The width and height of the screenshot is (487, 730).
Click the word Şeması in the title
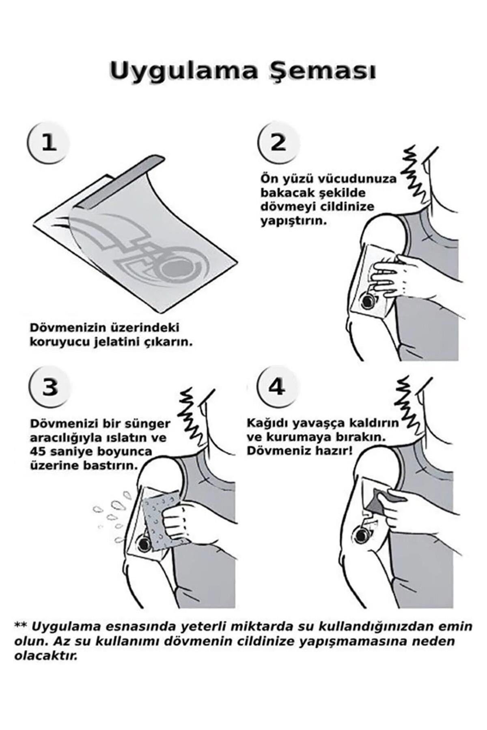click(x=321, y=71)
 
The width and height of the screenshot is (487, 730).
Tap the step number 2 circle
click(x=278, y=143)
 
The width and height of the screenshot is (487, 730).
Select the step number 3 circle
click(x=50, y=388)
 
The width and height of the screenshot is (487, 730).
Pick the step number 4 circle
click(x=277, y=387)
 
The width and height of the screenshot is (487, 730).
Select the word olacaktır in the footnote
click(x=45, y=667)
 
